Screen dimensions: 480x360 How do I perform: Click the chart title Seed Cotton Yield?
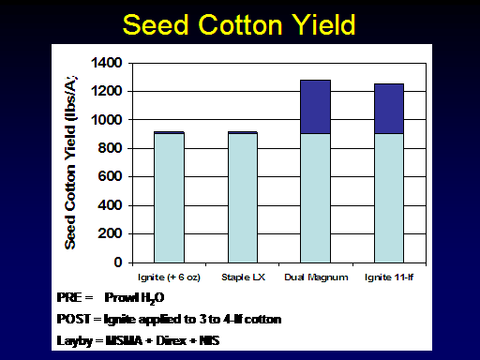click(239, 24)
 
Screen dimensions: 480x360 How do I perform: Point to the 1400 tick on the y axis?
click(106, 63)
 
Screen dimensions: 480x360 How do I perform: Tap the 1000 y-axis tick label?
click(106, 120)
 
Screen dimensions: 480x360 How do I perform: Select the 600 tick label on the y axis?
click(110, 176)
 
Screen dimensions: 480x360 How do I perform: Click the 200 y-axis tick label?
click(110, 233)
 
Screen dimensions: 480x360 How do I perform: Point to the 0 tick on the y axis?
click(118, 262)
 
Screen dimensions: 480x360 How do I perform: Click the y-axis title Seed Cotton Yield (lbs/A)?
click(70, 162)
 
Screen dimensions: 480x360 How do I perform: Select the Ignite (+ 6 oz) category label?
click(169, 277)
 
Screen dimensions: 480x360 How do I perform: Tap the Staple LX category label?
click(243, 277)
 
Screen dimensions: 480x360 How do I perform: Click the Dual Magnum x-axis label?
click(316, 277)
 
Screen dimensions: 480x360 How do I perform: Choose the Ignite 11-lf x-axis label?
click(389, 277)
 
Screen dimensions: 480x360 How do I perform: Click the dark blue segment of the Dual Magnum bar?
click(315, 107)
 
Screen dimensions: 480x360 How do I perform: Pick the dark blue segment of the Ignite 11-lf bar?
click(389, 109)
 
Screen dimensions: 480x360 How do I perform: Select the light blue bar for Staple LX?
click(243, 198)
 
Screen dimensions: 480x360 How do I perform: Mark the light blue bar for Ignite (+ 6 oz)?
click(169, 198)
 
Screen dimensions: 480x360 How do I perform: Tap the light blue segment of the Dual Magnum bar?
click(315, 198)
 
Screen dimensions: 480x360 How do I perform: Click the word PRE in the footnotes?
click(70, 297)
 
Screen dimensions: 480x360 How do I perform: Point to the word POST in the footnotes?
click(74, 319)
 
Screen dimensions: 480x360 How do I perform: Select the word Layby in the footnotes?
click(75, 341)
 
